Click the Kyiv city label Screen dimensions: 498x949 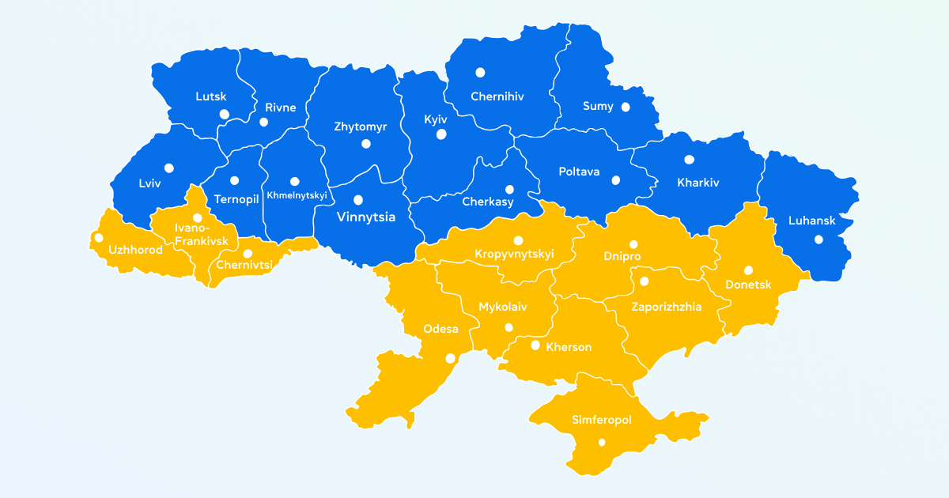[436, 119]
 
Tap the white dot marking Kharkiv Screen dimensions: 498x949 [689, 160]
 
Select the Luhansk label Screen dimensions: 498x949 [811, 221]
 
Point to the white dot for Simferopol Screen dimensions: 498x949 [602, 443]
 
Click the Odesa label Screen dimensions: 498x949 [440, 330]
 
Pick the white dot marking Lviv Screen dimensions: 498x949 [169, 168]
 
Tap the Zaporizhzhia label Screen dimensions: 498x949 [666, 307]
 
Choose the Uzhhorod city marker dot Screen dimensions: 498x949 [98, 237]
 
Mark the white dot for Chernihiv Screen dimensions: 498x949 [480, 73]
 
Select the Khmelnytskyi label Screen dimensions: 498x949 [297, 195]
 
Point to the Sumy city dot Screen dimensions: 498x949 [626, 107]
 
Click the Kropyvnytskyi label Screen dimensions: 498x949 [514, 254]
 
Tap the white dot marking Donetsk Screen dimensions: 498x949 [748, 270]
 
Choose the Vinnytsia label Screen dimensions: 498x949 [366, 217]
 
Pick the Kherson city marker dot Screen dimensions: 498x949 [535, 345]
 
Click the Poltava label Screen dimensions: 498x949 [579, 172]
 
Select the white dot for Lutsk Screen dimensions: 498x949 [225, 115]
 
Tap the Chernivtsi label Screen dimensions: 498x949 [244, 265]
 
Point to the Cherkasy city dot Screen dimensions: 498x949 [509, 190]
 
